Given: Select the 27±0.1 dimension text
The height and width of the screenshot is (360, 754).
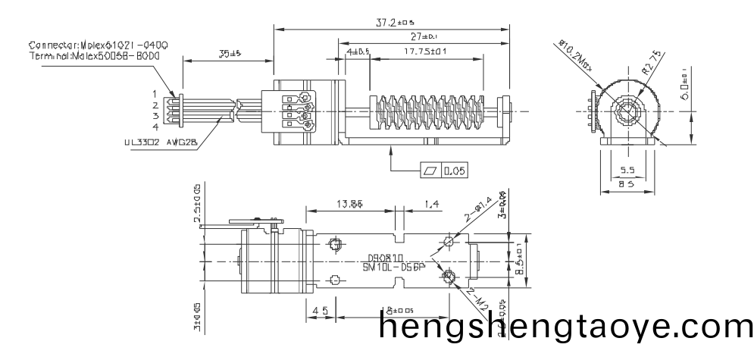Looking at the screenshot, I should (x=425, y=36).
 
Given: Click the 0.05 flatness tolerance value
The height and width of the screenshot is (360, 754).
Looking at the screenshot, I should (x=455, y=171).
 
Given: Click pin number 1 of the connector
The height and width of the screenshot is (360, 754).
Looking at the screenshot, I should (x=155, y=93).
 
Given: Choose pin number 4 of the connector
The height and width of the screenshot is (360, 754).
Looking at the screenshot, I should (x=155, y=127).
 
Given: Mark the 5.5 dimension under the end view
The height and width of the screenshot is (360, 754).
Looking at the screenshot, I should (x=627, y=171).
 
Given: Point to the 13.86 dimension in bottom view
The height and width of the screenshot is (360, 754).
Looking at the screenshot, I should (x=349, y=204).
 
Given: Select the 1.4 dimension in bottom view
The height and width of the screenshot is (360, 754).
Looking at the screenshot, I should (x=432, y=204).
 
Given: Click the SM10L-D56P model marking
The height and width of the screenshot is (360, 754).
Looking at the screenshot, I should (x=394, y=268).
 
